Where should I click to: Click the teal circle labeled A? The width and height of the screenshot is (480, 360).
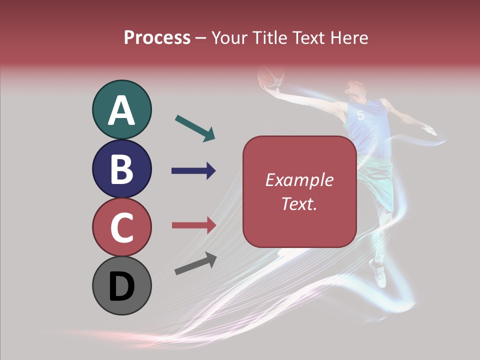(x=121, y=109)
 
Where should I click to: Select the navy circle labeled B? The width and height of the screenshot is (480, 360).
(x=121, y=168)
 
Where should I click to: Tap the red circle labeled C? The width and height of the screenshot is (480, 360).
(x=121, y=227)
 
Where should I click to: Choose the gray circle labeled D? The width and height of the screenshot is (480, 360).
(x=121, y=285)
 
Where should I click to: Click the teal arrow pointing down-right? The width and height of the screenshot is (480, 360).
(x=195, y=128)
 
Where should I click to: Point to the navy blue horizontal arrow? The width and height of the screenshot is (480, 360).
(x=193, y=171)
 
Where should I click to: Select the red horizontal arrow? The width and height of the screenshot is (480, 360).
(x=193, y=225)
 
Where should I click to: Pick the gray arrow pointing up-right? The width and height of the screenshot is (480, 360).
(x=195, y=264)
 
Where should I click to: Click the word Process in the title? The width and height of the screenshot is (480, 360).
(x=157, y=37)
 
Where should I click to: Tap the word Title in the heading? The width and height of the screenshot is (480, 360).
(x=268, y=37)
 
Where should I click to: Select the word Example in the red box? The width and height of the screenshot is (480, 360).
(x=299, y=180)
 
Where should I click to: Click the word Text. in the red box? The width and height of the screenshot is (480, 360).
(x=299, y=203)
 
